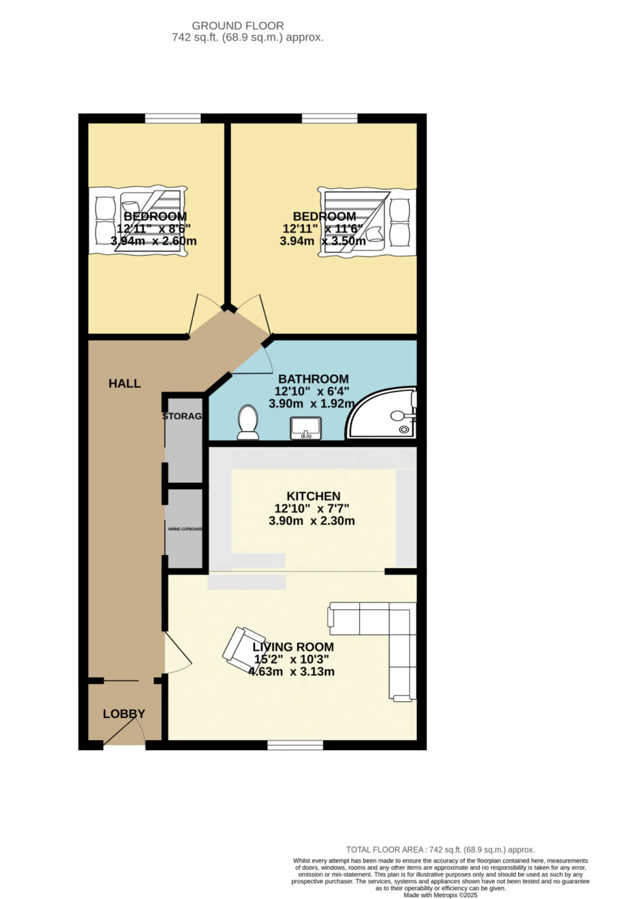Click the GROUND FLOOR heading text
(238, 26)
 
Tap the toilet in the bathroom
(248, 422)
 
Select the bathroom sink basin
(306, 428)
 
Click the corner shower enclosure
(381, 413)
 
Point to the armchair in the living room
(243, 647)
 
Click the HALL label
(124, 384)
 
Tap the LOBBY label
(124, 714)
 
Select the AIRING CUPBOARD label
(185, 529)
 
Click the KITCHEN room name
(313, 496)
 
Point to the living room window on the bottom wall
(295, 745)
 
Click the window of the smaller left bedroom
(173, 118)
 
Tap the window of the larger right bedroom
(330, 118)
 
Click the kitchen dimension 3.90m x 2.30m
(312, 521)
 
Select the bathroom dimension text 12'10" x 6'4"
(312, 391)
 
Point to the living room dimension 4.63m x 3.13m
(291, 672)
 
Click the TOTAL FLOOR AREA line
(440, 850)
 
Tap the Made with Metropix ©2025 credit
(441, 895)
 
